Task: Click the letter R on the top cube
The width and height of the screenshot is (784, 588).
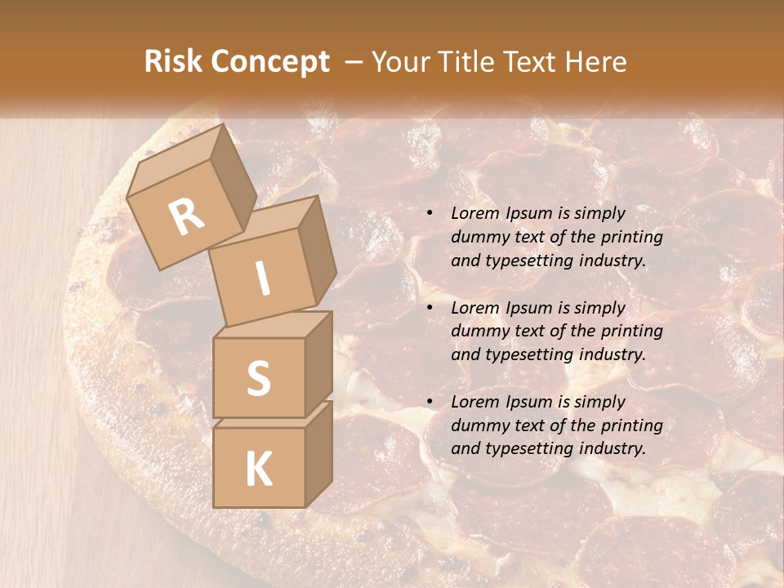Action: click(x=186, y=216)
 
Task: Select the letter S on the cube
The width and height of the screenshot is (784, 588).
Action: click(x=258, y=378)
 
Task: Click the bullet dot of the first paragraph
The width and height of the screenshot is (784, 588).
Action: click(x=430, y=214)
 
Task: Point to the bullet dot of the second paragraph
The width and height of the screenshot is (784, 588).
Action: click(x=430, y=309)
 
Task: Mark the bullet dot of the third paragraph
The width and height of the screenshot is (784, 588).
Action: click(x=430, y=403)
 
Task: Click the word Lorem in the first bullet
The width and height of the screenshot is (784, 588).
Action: click(x=474, y=213)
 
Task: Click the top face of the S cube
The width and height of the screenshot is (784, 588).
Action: click(x=274, y=325)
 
